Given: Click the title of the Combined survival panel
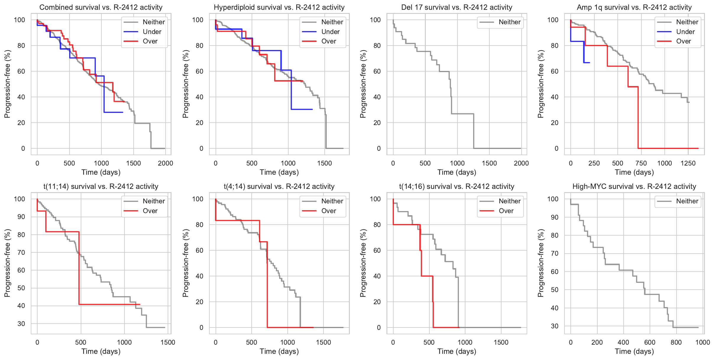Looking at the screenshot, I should pos(101,7).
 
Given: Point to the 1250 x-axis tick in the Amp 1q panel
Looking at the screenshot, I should pos(688,163).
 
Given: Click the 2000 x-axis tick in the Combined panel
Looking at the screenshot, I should pos(165,163).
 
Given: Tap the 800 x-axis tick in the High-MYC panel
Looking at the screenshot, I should pos(676,342).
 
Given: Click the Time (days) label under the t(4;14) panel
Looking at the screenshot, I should pos(279,351).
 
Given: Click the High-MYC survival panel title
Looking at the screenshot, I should pos(634,186).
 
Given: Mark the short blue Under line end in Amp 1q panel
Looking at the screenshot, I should pos(589,63).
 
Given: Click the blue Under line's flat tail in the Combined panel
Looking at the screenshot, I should pos(114,112).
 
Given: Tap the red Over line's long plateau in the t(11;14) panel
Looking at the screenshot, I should pos(109,304).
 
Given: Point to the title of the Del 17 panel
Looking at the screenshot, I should pos(457,7).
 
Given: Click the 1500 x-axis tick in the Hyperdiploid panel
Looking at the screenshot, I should pos(324,163).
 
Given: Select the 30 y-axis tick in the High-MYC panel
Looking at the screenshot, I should pos(555,326).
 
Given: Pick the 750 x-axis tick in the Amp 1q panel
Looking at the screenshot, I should pos(641,163).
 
